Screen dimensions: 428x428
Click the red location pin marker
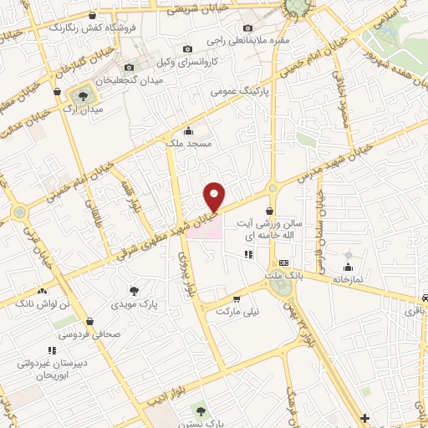point(216,196)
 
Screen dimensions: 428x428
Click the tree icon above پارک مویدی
point(134,290)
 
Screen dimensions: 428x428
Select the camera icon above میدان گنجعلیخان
point(129,67)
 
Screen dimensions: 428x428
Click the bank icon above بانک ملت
point(283,262)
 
